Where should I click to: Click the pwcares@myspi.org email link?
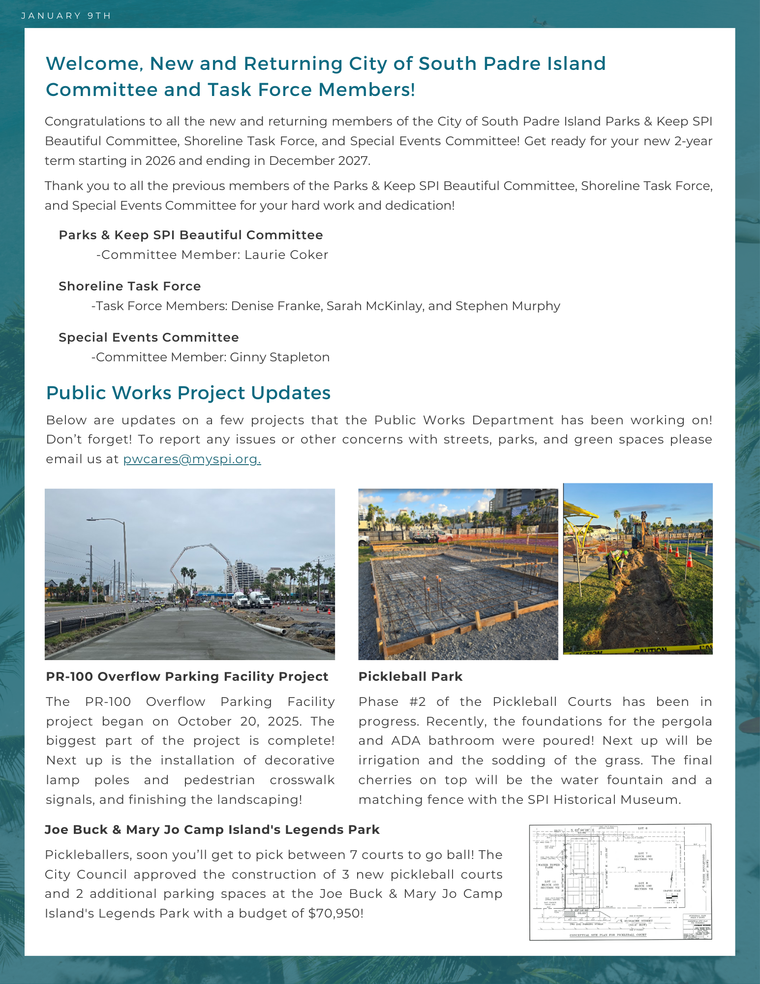click(192, 459)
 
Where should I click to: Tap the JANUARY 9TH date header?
click(66, 16)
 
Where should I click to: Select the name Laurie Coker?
click(286, 255)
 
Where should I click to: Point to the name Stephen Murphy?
click(508, 306)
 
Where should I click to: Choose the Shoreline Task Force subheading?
click(130, 286)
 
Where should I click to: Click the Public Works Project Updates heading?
click(188, 393)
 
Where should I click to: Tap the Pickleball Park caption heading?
click(410, 677)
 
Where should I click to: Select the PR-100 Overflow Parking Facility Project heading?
click(187, 677)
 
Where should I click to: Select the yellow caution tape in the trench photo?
click(649, 651)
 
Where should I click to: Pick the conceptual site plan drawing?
click(620, 882)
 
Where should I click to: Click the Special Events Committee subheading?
click(149, 338)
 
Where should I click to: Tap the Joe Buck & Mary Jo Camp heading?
click(212, 830)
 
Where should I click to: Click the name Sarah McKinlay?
click(374, 306)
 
